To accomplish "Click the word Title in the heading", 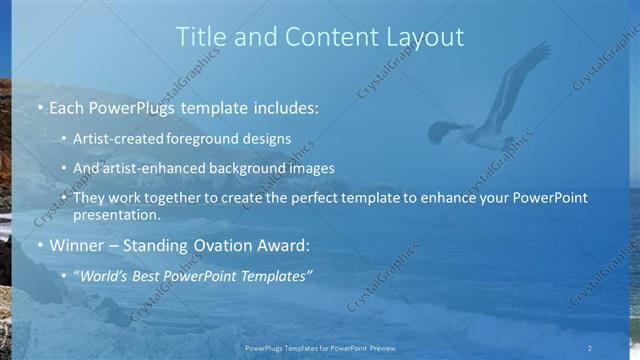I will (x=200, y=37).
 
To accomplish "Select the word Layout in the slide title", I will (x=426, y=37).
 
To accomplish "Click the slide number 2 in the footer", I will (x=589, y=347).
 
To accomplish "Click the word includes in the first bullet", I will (x=281, y=106).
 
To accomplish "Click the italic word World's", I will (x=105, y=274).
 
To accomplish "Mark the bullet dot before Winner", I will (x=39, y=245).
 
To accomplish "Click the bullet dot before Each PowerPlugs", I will (x=39, y=106).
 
